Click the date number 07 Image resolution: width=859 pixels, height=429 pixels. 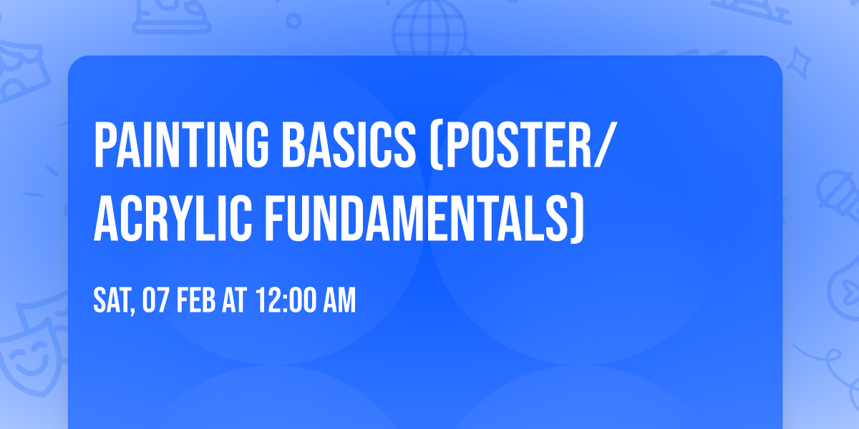click(x=157, y=301)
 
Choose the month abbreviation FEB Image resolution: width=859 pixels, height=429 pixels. click(x=197, y=301)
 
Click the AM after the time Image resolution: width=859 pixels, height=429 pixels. click(x=339, y=301)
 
